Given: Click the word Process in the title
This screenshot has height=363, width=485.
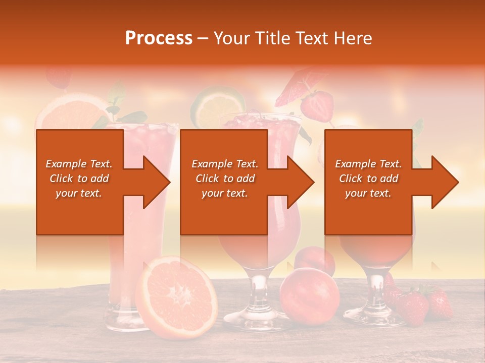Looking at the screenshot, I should click(x=159, y=38).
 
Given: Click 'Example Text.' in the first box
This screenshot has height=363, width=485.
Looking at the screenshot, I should click(x=79, y=164).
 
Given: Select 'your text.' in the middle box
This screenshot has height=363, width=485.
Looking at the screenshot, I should click(x=224, y=193).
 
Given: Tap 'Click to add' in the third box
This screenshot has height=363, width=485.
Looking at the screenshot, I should click(x=368, y=178).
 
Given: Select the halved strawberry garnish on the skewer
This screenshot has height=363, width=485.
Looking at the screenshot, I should click(x=317, y=104).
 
